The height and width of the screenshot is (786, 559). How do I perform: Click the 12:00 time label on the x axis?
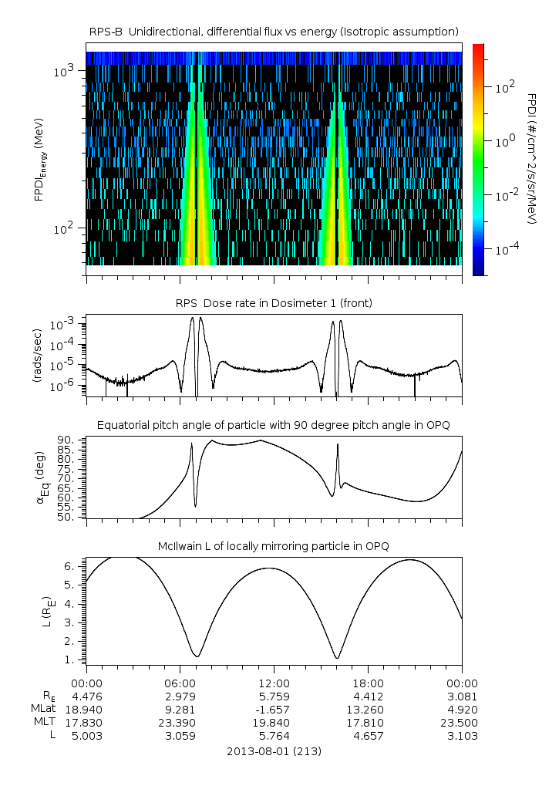(274, 683)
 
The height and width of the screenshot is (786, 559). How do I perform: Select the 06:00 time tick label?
(180, 683)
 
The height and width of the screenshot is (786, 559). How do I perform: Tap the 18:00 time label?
(368, 683)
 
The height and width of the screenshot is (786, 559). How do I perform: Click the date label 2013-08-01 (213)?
(274, 751)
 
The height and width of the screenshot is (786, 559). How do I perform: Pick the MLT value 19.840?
(274, 722)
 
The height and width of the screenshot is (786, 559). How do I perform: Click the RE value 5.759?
(274, 696)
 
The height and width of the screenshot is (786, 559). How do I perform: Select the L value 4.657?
(368, 736)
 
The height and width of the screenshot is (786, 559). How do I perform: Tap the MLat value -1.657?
(274, 709)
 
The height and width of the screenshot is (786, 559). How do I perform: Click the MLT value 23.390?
(180, 722)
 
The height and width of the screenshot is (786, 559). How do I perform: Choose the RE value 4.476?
(86, 696)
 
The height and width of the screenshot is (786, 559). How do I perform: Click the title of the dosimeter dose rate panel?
(274, 303)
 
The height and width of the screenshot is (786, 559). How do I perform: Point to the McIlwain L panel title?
(274, 546)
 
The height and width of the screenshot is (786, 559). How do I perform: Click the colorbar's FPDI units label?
(532, 158)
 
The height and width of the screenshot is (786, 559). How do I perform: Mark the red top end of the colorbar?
(478, 48)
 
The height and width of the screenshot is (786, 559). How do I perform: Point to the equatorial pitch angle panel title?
(274, 425)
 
